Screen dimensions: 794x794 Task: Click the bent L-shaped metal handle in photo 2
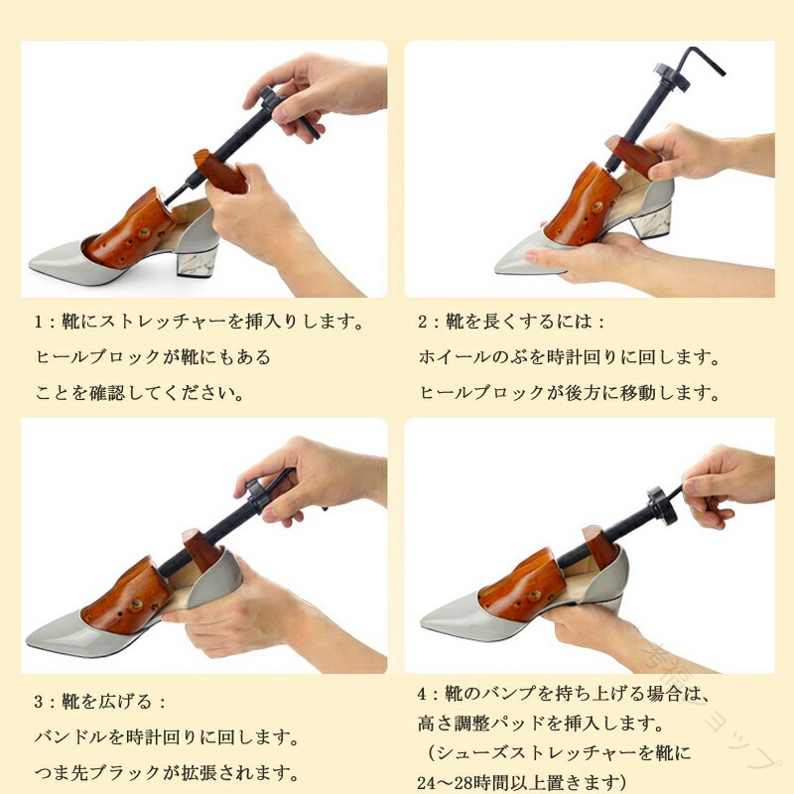coord(706,61)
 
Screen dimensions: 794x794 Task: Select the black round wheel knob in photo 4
coord(662,504)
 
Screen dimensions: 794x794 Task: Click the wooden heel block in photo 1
coord(219,171)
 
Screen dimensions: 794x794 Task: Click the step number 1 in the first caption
coord(38,322)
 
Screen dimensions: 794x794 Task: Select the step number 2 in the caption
coord(423,322)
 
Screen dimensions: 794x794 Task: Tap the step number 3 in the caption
coord(39,702)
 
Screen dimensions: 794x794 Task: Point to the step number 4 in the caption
coord(423,694)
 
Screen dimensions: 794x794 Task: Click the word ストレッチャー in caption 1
coord(163,322)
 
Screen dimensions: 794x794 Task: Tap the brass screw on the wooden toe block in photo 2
coord(598,206)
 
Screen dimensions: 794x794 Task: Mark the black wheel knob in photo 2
coord(672,76)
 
